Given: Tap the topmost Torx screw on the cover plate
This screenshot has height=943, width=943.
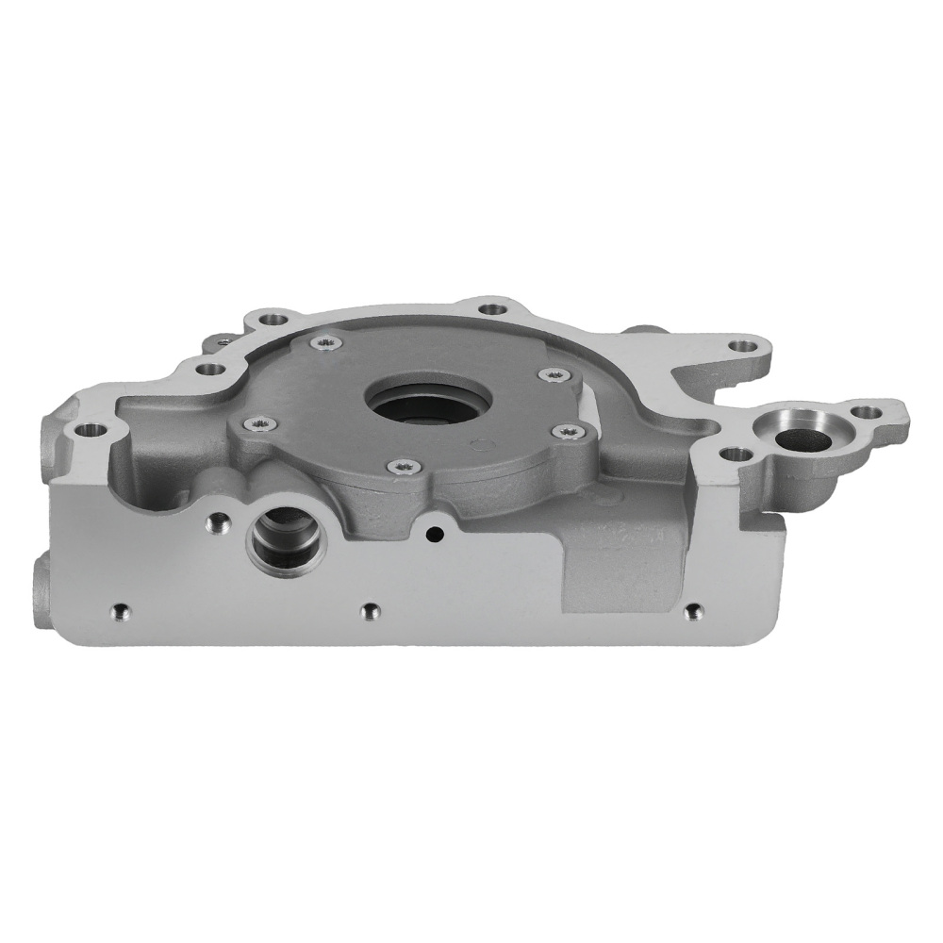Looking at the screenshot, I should [325, 342].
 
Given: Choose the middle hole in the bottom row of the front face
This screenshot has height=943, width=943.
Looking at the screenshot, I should [369, 610].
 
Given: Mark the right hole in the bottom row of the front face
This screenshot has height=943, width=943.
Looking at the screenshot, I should [693, 611].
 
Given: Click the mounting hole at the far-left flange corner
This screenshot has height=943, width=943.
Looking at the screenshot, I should [91, 431].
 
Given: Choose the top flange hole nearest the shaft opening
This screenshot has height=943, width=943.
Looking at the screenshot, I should [489, 305].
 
